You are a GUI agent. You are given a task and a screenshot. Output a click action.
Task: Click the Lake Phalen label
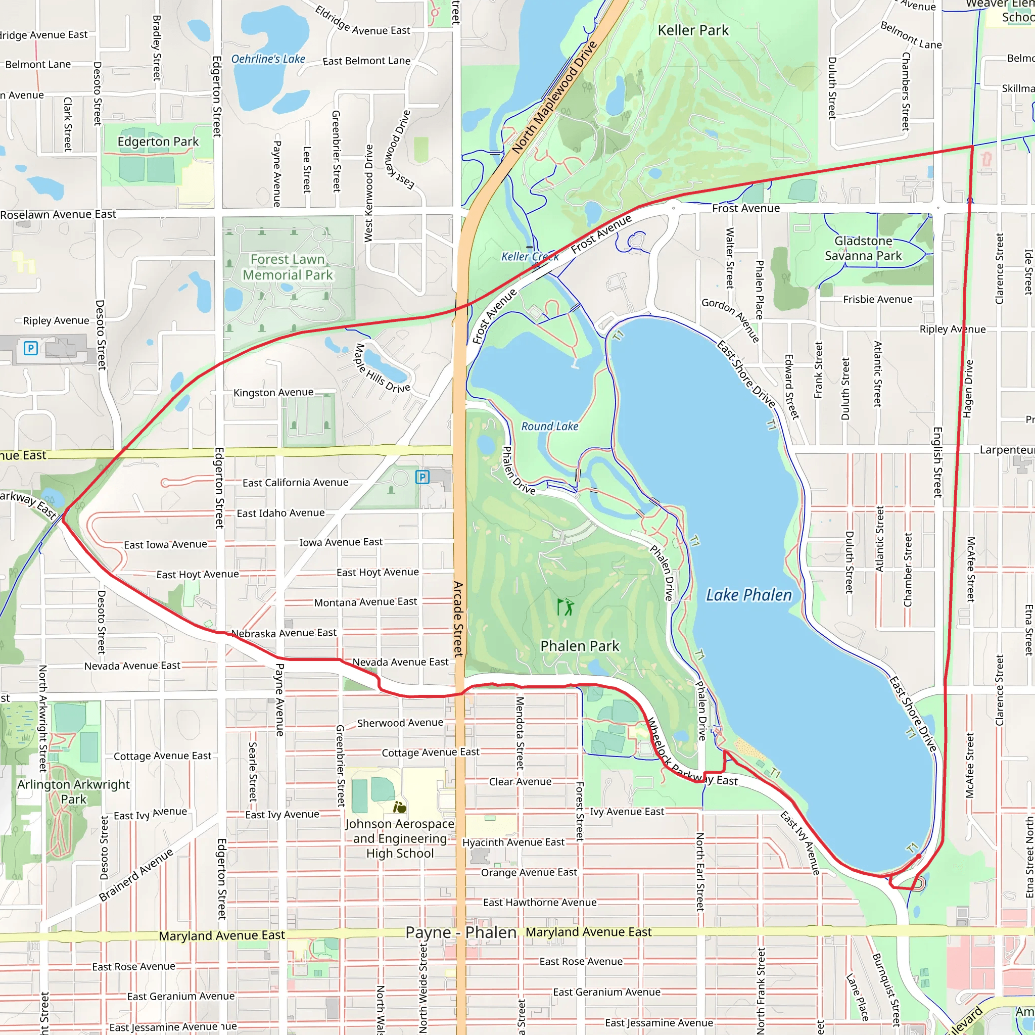[x=748, y=595]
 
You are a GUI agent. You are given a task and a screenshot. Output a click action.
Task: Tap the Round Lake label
[x=550, y=427]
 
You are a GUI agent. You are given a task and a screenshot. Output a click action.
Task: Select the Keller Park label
[x=693, y=30]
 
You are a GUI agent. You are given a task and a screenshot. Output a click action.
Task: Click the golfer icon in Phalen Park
[x=565, y=607]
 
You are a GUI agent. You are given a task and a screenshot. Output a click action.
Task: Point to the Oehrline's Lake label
[x=268, y=59]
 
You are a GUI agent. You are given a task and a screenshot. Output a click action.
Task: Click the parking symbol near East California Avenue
[x=422, y=477]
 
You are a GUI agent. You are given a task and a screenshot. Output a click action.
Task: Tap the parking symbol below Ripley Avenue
[x=30, y=348]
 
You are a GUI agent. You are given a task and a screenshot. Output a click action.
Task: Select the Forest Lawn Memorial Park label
[x=288, y=267]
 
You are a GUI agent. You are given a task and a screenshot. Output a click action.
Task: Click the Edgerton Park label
[x=158, y=142]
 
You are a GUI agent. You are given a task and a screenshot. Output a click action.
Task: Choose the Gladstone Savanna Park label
[x=863, y=249]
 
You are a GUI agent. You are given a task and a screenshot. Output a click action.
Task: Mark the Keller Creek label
[x=529, y=257]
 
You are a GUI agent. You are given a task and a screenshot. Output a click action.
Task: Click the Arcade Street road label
[x=458, y=619]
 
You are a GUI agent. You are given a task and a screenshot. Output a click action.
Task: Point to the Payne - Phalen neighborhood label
[x=461, y=932]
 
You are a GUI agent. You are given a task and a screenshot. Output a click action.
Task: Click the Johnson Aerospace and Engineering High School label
[x=400, y=838]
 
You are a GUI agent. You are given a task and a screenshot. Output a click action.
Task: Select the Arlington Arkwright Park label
[x=73, y=791]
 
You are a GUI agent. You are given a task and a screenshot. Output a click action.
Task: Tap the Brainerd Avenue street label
[x=136, y=874]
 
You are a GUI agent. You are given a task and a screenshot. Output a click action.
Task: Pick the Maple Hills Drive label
[x=382, y=368]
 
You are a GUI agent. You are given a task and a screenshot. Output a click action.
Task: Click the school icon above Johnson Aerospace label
[x=400, y=807]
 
